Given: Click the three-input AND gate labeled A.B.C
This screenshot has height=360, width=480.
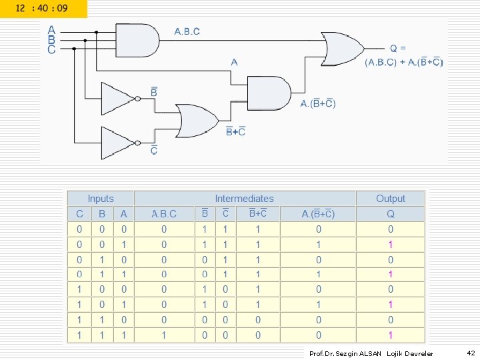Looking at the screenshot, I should (137, 40).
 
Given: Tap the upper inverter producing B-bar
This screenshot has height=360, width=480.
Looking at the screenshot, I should (119, 98).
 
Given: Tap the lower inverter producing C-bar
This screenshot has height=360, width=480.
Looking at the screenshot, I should (119, 142).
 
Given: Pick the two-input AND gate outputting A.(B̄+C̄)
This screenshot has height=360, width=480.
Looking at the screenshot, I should (269, 92).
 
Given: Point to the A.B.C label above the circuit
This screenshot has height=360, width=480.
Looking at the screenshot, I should (187, 31).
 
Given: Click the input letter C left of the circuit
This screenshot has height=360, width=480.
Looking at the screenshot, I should (51, 49).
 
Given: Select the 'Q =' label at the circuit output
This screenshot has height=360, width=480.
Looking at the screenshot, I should (399, 48).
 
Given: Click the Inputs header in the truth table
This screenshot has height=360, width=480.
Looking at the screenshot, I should (101, 199).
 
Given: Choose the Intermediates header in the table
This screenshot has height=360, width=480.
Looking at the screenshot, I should (244, 199).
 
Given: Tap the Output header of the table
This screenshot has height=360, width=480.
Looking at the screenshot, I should (390, 199).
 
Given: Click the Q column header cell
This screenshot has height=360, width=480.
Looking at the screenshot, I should (390, 214).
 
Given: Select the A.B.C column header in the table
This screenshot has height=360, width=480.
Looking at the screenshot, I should (164, 214).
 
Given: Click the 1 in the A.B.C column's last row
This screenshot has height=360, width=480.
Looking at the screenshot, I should (164, 335).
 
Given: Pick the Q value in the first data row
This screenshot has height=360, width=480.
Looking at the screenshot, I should (390, 229).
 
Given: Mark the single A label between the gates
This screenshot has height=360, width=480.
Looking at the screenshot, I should (234, 62).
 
